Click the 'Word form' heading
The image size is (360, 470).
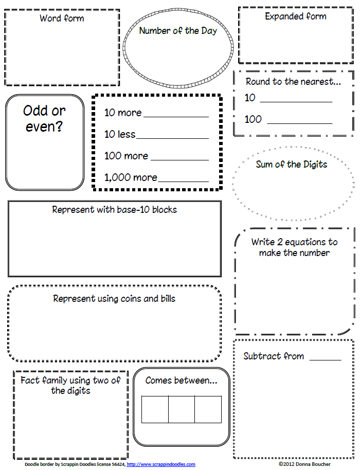click(x=62, y=19)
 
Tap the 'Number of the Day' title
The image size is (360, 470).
click(x=178, y=31)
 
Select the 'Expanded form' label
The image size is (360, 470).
click(x=295, y=16)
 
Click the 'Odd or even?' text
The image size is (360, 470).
click(x=45, y=118)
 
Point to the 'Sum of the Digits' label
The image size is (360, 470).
click(x=292, y=165)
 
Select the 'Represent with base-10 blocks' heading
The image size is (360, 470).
click(x=115, y=210)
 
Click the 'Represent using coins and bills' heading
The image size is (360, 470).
click(x=114, y=299)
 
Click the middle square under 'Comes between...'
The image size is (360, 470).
click(x=181, y=409)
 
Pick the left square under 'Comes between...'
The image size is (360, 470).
click(x=155, y=409)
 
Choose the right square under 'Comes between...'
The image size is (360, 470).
click(x=208, y=409)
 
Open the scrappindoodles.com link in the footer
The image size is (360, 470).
click(x=161, y=465)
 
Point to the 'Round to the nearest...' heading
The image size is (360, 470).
click(x=293, y=81)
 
